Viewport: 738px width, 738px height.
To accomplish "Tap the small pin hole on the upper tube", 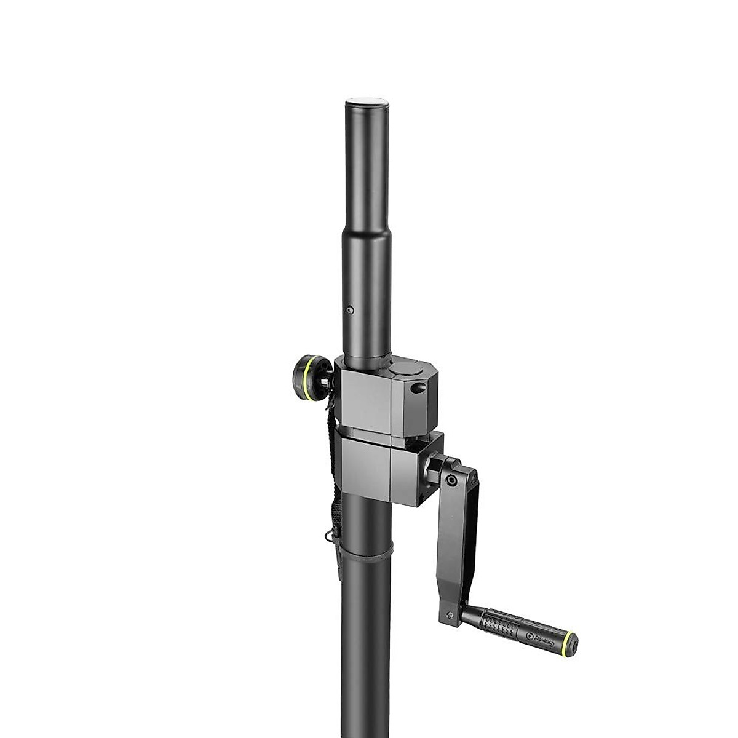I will tap(349, 311).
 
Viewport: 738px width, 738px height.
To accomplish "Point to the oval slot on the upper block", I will tap(419, 388).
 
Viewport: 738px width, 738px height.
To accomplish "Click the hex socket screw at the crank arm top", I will tap(452, 480).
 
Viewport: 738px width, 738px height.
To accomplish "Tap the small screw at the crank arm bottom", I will tap(450, 614).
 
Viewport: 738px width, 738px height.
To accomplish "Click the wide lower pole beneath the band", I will tap(366, 646).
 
